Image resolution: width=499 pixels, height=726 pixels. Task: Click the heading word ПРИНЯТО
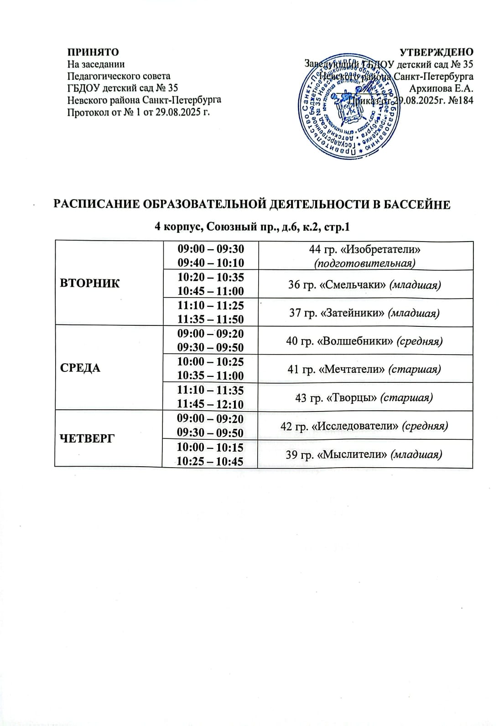point(93,51)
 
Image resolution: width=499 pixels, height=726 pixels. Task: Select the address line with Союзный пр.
point(252,227)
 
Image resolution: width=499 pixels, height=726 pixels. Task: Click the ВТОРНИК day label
point(90,283)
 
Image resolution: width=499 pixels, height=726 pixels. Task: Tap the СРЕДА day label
point(80,368)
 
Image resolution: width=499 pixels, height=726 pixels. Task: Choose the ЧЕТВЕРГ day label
point(87,438)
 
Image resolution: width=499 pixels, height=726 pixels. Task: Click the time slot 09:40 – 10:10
point(211,263)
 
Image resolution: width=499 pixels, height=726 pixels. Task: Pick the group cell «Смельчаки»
point(365,285)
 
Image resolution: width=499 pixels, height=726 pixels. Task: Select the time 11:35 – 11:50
point(211,319)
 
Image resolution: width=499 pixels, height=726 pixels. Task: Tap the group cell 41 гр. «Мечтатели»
point(364,369)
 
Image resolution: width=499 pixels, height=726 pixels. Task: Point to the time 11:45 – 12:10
point(211,404)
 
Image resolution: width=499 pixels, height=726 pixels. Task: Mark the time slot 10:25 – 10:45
point(210,461)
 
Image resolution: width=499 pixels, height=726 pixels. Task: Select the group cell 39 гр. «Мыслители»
point(364,454)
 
